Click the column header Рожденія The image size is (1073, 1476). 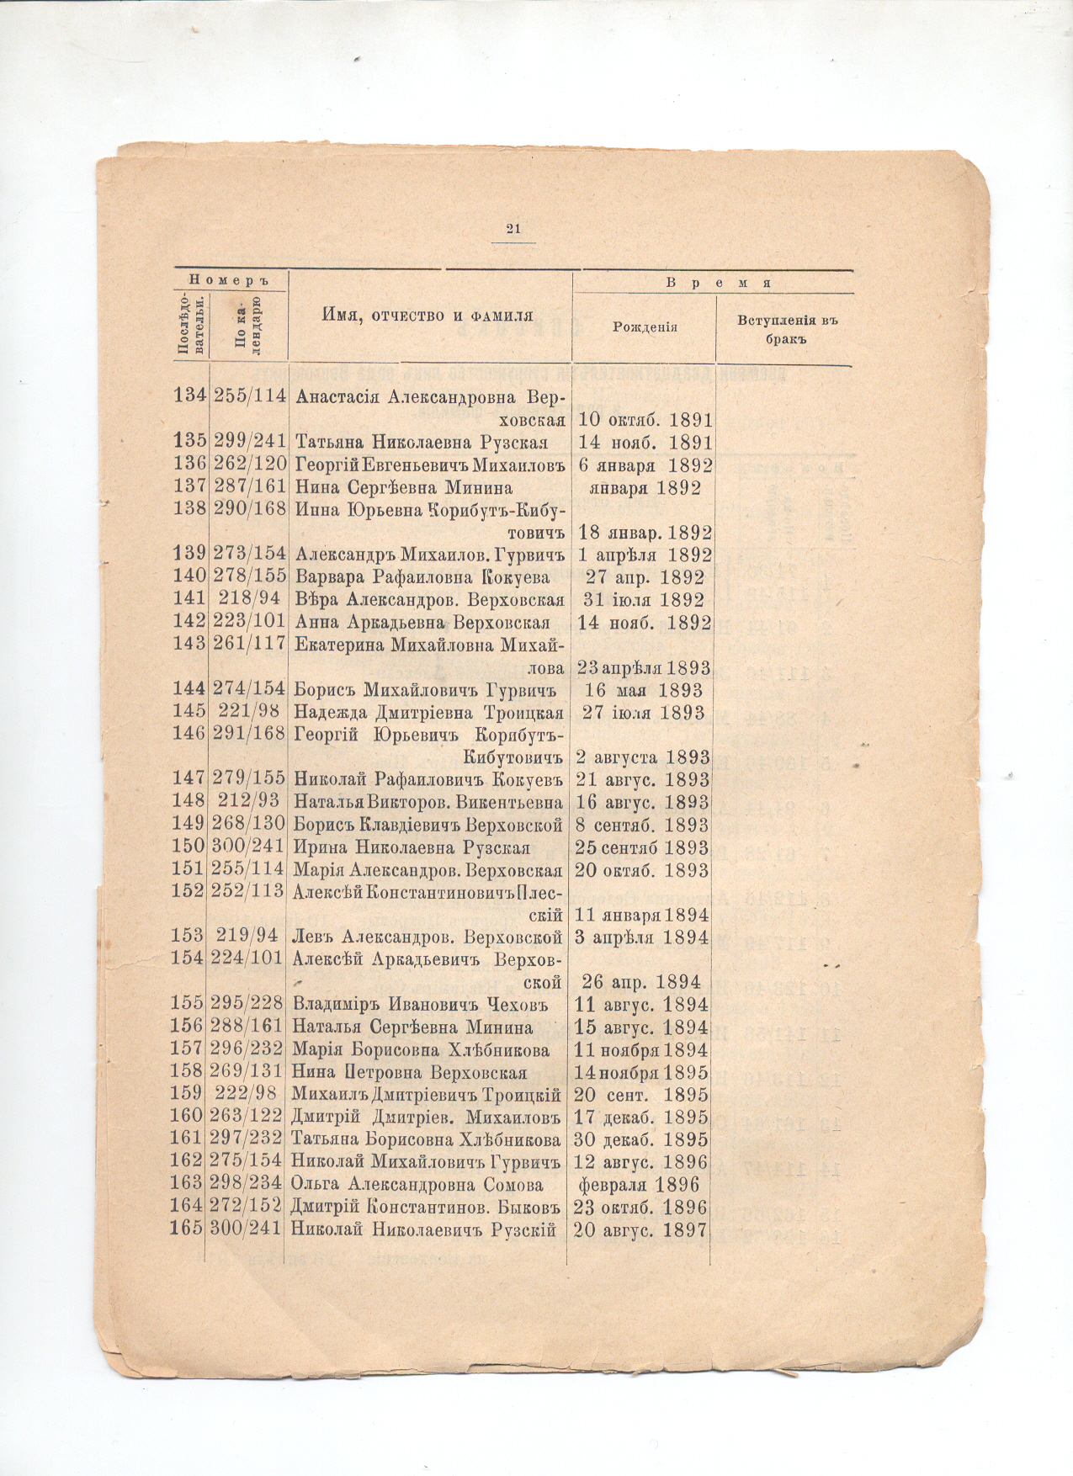pos(644,327)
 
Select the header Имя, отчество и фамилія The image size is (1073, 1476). pos(428,316)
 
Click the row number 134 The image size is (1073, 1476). pos(190,396)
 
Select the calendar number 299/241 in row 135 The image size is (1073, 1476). pos(249,443)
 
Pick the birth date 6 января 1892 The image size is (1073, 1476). pos(645,465)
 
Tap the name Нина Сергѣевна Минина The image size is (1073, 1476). pos(403,488)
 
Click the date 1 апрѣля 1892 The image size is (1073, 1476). pos(645,555)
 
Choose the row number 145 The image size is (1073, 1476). pos(189,712)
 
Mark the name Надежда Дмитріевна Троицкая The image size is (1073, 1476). pos(428,712)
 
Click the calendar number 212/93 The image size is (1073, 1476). pos(249,802)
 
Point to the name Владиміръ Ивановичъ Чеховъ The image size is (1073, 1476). pos(419,1005)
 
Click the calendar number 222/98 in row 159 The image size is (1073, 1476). pos(249,1096)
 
